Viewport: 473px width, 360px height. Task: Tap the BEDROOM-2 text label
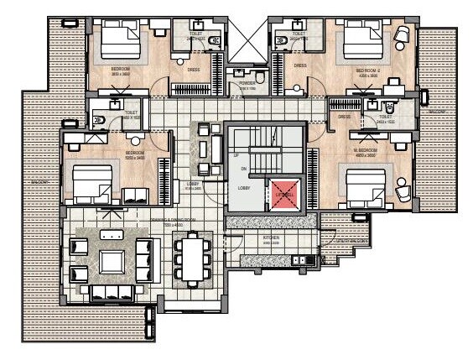click(369, 70)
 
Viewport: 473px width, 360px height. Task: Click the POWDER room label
click(247, 85)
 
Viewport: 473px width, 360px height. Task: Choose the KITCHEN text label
click(271, 238)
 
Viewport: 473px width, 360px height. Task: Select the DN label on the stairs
click(243, 169)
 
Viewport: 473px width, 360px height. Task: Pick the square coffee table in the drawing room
click(112, 261)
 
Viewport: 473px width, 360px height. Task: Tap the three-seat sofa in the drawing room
click(112, 292)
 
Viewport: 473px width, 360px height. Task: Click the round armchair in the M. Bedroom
click(404, 191)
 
